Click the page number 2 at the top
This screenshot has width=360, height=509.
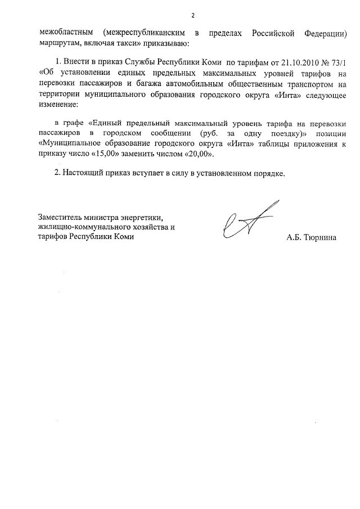click(192, 15)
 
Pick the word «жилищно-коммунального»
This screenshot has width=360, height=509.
click(82, 227)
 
